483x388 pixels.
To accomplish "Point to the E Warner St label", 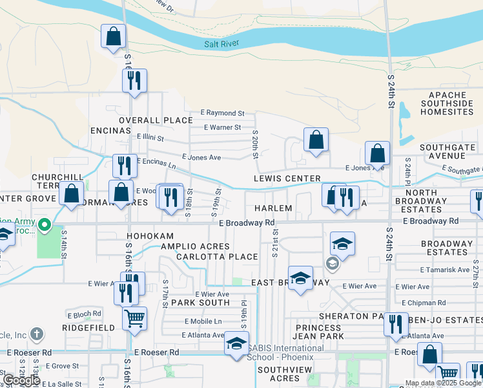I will (x=222, y=127).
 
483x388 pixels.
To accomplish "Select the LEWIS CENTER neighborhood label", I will (x=287, y=178).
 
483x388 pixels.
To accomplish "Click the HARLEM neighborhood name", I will (x=273, y=208).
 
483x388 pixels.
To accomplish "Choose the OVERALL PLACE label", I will (x=156, y=120).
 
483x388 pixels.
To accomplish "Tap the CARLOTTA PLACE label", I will (x=217, y=257).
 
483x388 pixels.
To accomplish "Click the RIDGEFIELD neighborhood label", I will (x=88, y=328).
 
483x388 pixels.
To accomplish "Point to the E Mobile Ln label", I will (x=203, y=321).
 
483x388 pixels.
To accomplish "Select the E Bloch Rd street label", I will (x=85, y=314).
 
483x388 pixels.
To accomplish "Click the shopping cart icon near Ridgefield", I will (x=134, y=318).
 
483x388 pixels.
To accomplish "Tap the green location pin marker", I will (x=44, y=226).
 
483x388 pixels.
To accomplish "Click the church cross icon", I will (x=37, y=334).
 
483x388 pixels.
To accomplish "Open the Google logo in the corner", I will (x=21, y=380).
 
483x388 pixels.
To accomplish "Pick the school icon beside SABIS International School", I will (x=236, y=343).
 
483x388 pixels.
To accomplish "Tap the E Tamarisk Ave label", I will (x=444, y=270).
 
